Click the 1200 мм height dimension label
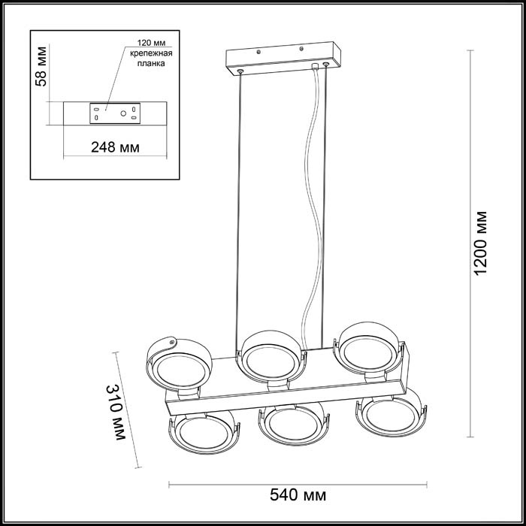pyautogui.click(x=480, y=243)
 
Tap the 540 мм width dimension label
pyautogui.click(x=298, y=494)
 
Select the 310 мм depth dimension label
pyautogui.click(x=116, y=412)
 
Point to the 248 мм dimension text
pyautogui.click(x=115, y=147)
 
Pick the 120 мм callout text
pyautogui.click(x=151, y=43)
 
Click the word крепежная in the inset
pyautogui.click(x=151, y=53)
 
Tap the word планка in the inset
pyautogui.click(x=151, y=63)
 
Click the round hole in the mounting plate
pyautogui.click(x=123, y=113)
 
